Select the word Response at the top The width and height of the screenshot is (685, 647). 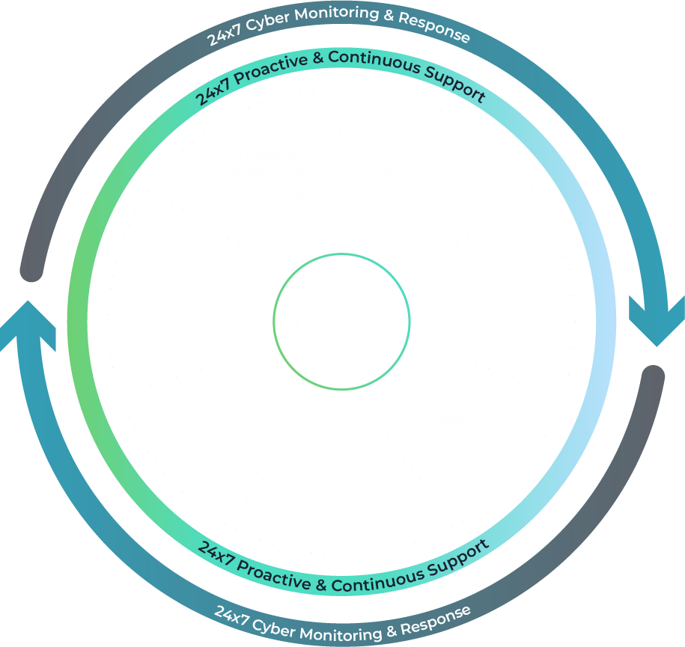433,29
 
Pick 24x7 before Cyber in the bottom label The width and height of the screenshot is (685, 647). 229,616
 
